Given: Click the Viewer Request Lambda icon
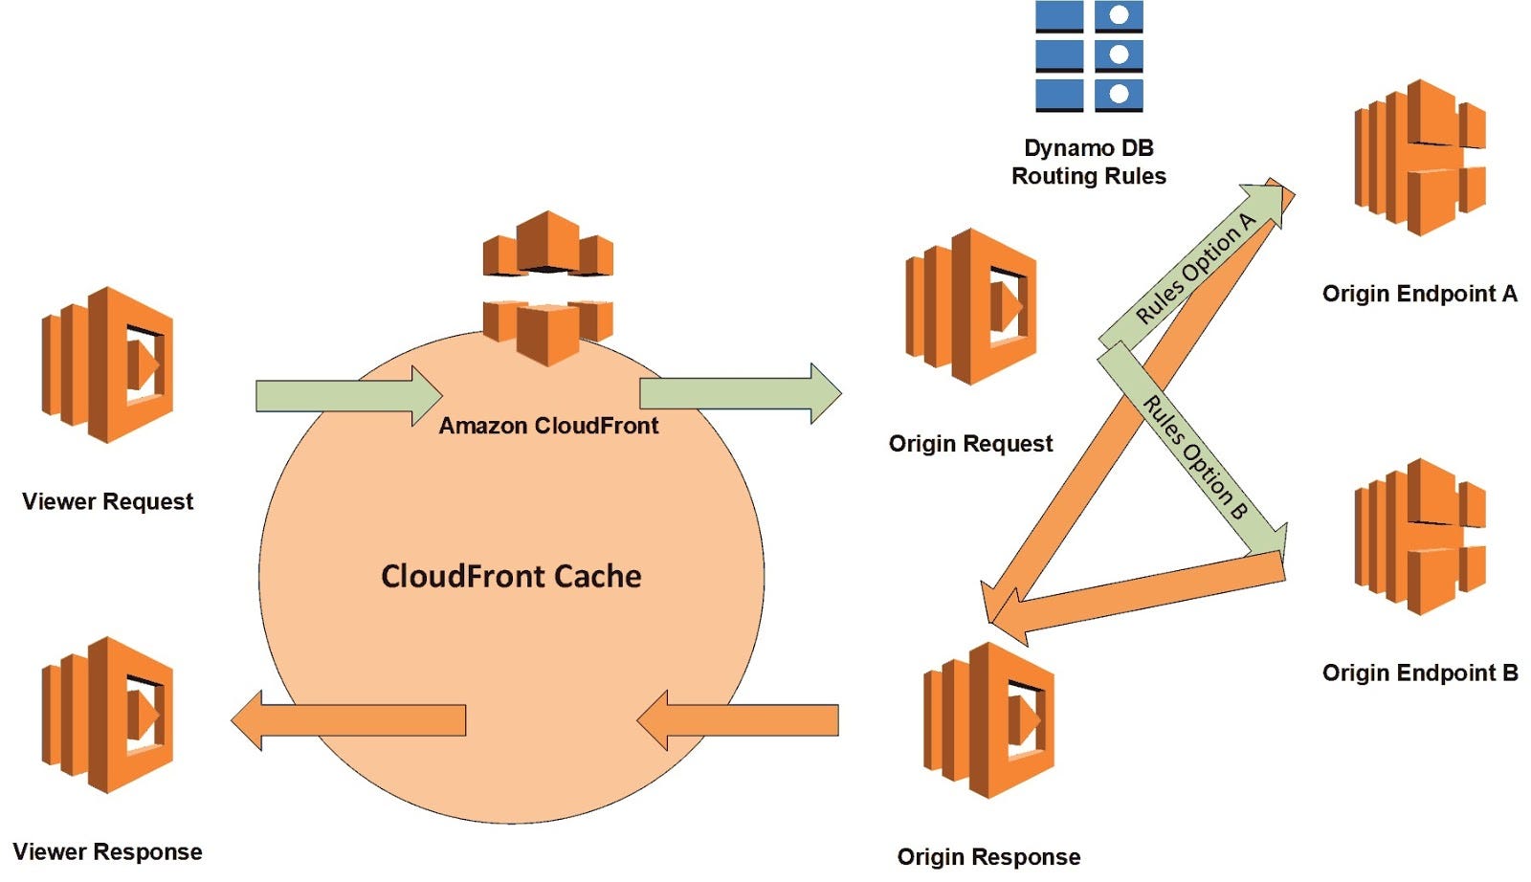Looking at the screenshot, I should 107,364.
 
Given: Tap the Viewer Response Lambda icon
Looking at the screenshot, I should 107,715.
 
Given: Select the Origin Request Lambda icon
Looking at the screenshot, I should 970,306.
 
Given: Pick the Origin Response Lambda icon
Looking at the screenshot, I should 987,719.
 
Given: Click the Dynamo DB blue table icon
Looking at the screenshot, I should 1089,56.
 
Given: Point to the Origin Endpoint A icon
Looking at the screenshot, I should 1419,158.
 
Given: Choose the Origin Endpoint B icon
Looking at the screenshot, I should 1419,537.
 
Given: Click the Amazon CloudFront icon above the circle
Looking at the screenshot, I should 547,287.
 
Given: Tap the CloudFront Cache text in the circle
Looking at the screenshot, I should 511,576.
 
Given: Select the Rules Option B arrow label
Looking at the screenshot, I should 1195,457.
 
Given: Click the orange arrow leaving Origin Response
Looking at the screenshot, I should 737,720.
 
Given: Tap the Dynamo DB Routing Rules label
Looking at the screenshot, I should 1089,162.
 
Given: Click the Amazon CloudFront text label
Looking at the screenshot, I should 548,426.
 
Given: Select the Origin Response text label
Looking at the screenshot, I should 988,857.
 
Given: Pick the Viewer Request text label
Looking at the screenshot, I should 107,501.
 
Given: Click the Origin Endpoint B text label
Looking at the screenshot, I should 1420,673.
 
